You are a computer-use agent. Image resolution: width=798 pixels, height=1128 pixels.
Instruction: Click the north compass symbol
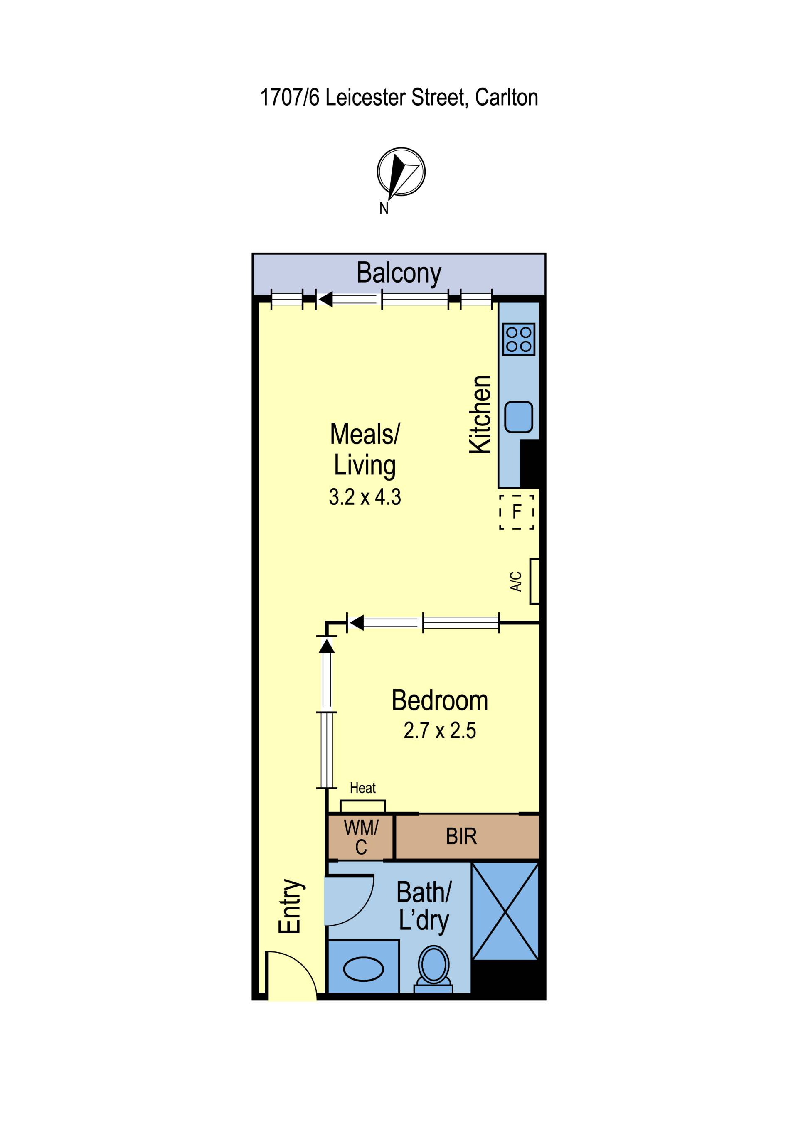(x=401, y=172)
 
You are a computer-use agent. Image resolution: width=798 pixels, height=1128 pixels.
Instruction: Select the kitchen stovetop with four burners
(x=519, y=339)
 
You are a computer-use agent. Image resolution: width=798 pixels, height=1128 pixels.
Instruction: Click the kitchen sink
(x=519, y=417)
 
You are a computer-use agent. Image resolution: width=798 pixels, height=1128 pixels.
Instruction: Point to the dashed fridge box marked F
(x=517, y=512)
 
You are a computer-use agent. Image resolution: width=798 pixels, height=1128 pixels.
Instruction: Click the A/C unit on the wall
(x=534, y=581)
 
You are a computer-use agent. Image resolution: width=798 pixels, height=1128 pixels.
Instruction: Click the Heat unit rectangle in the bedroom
(x=363, y=806)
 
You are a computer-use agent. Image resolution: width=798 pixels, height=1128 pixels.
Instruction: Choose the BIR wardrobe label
(x=461, y=836)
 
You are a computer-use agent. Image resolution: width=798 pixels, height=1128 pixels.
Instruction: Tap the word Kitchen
(x=480, y=415)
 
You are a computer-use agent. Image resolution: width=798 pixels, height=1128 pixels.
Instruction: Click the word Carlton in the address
(x=507, y=97)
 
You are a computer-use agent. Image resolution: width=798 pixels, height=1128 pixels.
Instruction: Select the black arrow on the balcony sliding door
(x=326, y=299)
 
